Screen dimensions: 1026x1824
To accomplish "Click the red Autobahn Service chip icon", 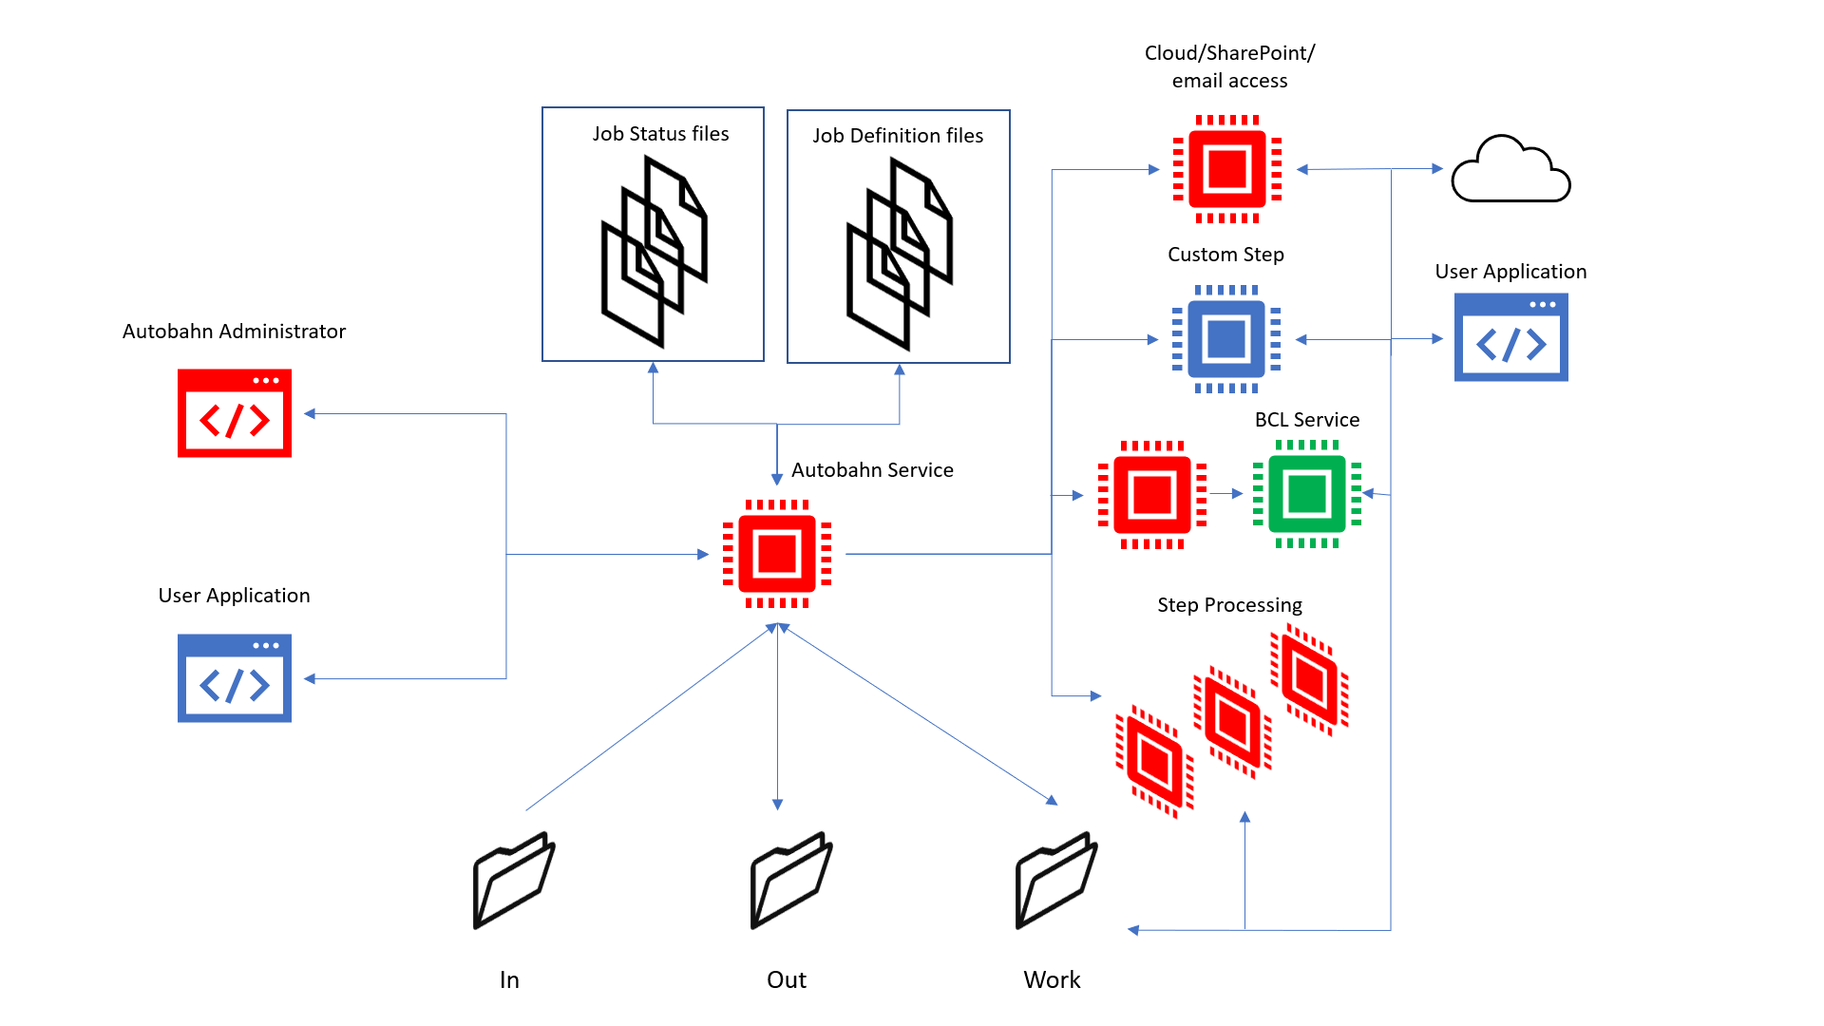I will tap(777, 554).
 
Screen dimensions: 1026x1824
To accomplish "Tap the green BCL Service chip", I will tap(1307, 494).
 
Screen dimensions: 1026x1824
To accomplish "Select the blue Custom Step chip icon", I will tap(1226, 339).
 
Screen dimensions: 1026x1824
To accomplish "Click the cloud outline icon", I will tap(1510, 171).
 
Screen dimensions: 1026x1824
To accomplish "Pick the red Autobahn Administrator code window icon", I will tap(235, 413).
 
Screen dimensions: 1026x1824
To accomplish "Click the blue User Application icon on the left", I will tap(235, 678).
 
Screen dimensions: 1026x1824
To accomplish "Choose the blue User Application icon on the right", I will tap(1510, 337).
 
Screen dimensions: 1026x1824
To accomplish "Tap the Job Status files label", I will tap(660, 134).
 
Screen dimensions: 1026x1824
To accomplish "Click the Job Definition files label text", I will tap(898, 136).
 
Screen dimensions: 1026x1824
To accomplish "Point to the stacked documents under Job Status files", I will tap(654, 252).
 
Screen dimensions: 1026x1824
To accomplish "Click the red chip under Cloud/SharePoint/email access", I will tap(1227, 169).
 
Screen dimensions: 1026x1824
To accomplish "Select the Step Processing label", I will tap(1229, 605).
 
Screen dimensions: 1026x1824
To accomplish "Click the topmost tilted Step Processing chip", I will tap(1310, 679).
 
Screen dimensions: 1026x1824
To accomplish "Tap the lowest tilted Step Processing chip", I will tap(1154, 761).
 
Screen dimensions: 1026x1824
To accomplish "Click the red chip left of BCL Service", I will tap(1152, 494).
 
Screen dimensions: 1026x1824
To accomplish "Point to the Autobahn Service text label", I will tap(872, 470).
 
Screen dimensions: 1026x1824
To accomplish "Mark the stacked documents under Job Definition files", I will tap(899, 254).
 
